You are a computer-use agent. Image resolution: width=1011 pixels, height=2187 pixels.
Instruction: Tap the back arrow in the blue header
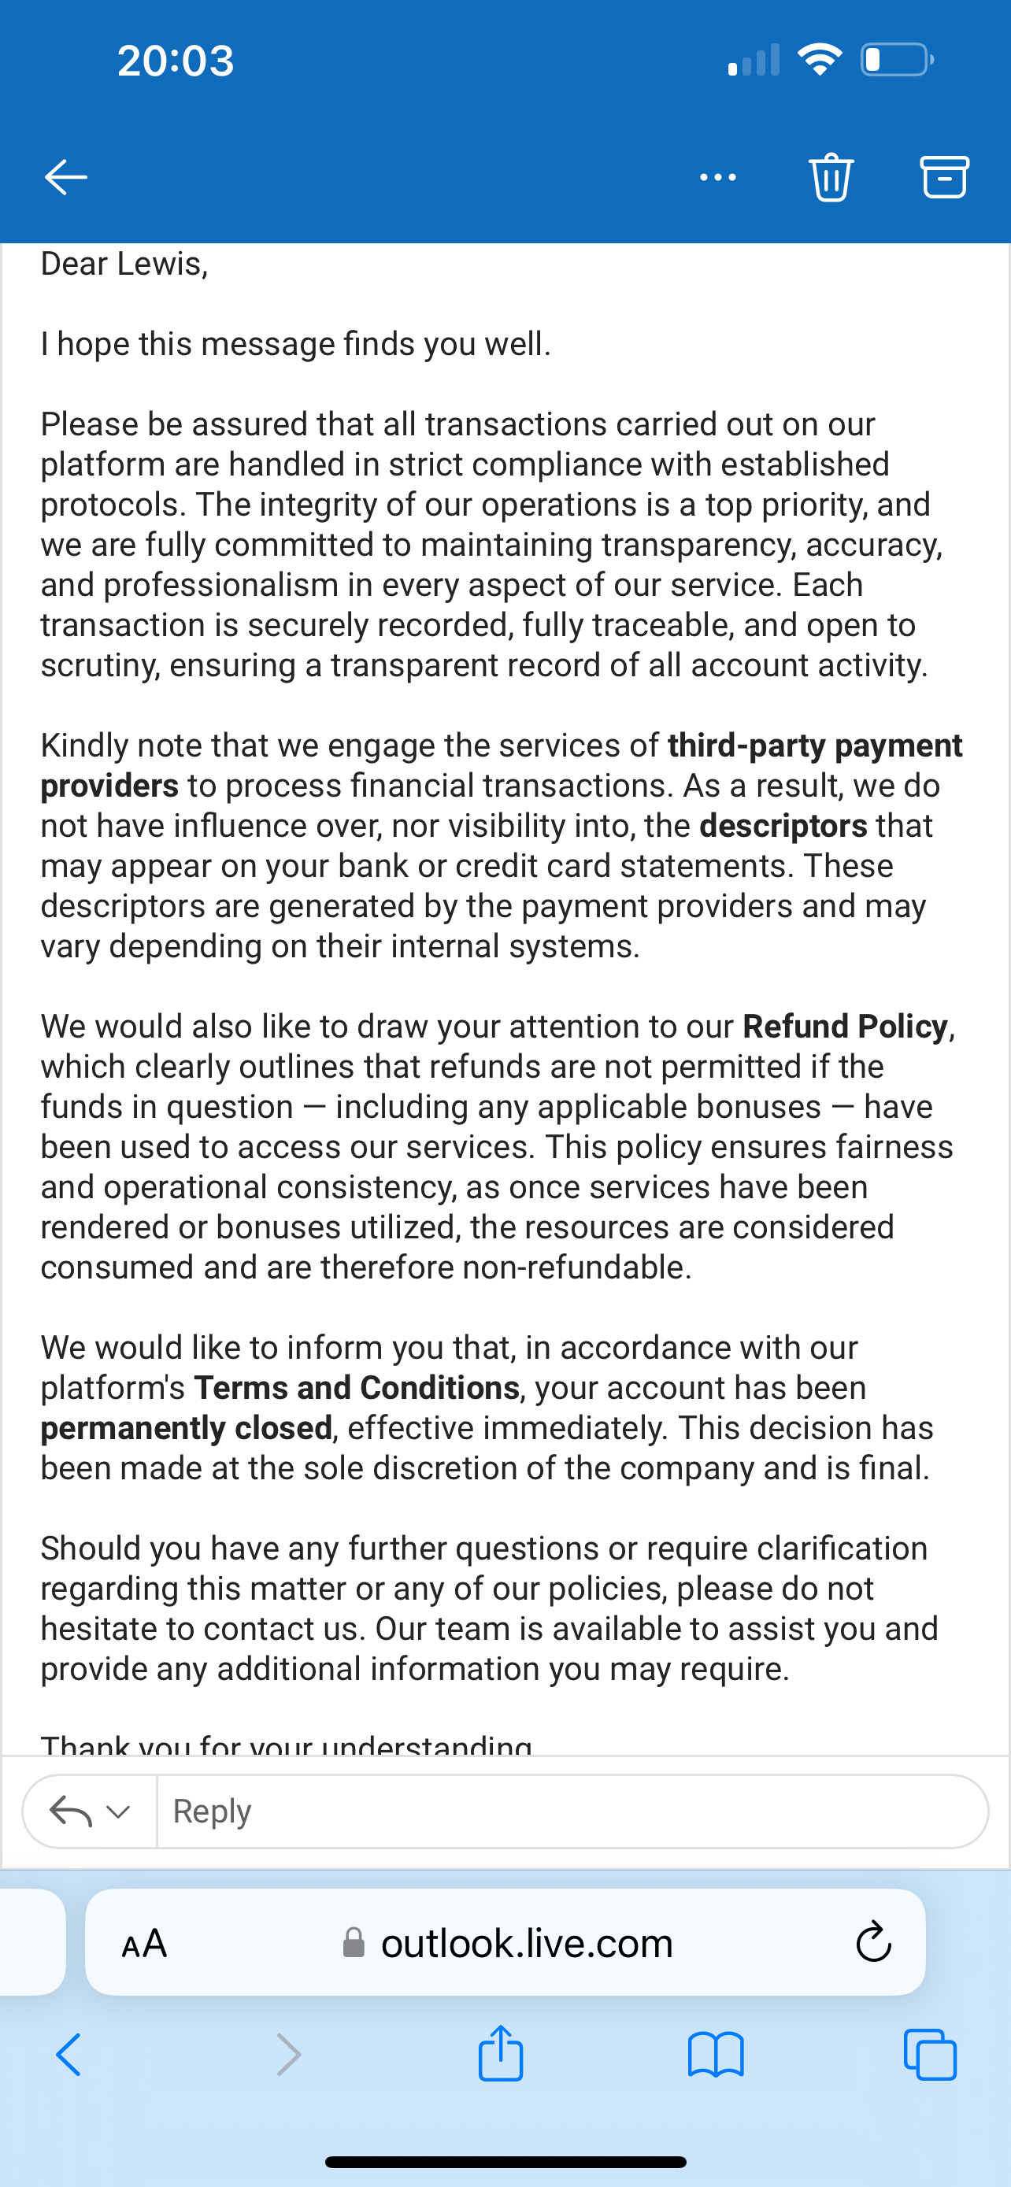(65, 176)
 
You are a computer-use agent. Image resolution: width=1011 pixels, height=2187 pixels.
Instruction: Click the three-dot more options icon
(717, 176)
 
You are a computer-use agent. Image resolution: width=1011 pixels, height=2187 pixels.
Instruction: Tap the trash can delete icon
(831, 176)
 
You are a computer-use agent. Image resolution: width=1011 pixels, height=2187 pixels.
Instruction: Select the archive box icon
(944, 176)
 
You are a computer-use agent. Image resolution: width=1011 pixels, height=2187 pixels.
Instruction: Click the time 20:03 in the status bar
(176, 61)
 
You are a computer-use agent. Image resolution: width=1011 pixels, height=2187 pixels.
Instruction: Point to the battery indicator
(896, 59)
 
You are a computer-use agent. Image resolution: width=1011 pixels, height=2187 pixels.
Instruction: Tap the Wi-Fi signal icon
(819, 59)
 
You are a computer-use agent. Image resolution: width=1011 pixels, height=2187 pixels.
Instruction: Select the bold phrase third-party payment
(815, 746)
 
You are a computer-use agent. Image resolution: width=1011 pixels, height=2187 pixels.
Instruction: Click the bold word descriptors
(783, 825)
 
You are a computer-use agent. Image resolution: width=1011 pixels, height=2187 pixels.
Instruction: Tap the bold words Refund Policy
(845, 1027)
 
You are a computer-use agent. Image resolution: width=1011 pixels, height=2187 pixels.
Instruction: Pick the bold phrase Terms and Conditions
(357, 1387)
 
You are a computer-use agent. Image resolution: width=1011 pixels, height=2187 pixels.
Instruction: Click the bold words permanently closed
(186, 1428)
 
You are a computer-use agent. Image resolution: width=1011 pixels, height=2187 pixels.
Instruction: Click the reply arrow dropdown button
(90, 1811)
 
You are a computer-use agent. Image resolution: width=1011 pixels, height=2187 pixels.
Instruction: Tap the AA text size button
(144, 1943)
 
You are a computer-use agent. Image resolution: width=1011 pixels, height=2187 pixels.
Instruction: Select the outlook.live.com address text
(526, 1943)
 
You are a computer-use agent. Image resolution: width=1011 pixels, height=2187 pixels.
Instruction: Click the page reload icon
(872, 1943)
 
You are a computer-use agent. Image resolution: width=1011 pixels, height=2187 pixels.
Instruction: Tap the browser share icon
(501, 2055)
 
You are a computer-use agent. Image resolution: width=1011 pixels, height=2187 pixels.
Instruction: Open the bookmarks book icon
(716, 2055)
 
